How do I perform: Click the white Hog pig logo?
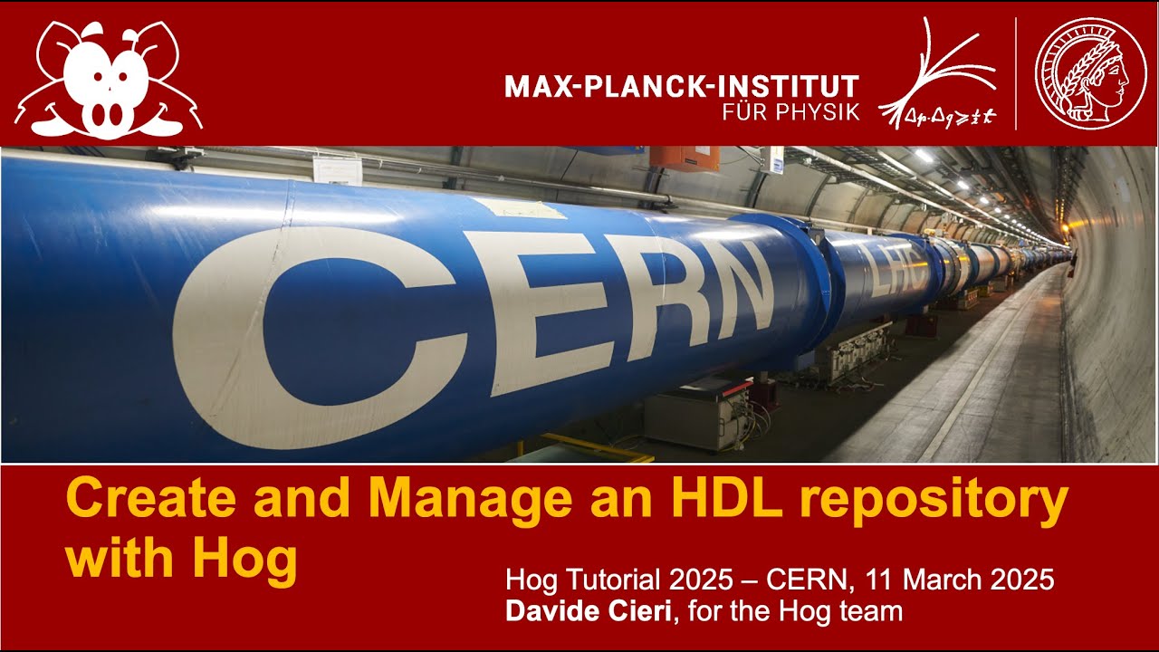[109, 78]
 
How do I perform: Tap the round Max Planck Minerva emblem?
[1084, 73]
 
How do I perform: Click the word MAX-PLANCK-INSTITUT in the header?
[681, 87]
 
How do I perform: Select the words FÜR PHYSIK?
[790, 113]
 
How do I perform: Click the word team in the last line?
[873, 611]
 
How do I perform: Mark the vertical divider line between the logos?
[1016, 73]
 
